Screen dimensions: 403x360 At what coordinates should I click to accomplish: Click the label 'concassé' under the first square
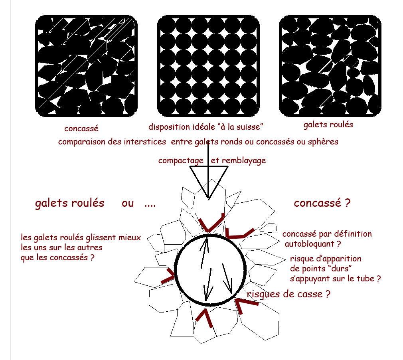coord(81,129)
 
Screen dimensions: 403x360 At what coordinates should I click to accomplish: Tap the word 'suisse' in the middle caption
coord(249,127)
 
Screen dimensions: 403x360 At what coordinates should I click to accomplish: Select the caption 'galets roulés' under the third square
coord(328,125)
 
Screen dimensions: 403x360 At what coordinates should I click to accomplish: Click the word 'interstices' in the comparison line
coord(145,142)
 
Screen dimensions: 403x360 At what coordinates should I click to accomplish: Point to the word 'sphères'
coord(323,142)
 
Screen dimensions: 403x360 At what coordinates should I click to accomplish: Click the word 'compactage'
coord(182,160)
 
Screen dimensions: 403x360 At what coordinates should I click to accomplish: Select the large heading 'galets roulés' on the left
coord(69,203)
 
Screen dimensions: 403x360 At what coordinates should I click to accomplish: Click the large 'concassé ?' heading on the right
coord(322,203)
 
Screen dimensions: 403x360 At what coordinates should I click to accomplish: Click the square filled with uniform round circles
coord(209,66)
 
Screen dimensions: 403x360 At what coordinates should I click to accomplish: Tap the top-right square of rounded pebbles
coord(330,66)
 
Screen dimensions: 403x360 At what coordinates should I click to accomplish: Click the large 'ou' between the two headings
coord(128,203)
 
